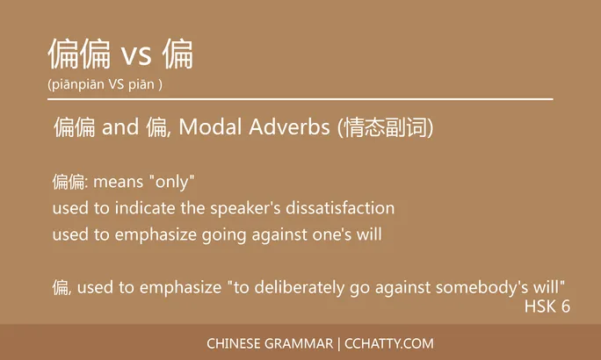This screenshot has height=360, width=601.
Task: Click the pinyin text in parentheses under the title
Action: point(105,84)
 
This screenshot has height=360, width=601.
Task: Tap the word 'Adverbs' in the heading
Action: point(293,128)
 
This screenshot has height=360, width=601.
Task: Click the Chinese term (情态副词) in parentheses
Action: point(386,128)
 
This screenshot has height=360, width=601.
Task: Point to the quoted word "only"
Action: point(172,182)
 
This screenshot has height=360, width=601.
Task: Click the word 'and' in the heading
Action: point(120,128)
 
